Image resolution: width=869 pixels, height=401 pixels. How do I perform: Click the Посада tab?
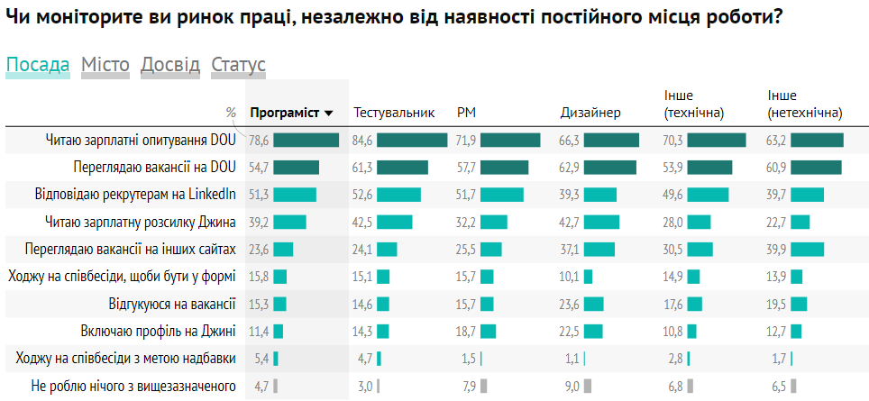[37, 65]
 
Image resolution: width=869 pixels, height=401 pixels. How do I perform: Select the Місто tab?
[105, 65]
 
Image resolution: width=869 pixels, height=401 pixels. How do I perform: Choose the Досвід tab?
[170, 65]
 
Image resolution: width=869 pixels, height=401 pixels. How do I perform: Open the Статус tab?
[238, 65]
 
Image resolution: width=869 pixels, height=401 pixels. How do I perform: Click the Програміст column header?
[285, 113]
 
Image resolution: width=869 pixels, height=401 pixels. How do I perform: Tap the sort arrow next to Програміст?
[329, 114]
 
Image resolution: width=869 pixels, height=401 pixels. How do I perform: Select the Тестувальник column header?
[394, 113]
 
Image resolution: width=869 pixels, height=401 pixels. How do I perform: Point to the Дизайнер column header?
[590, 113]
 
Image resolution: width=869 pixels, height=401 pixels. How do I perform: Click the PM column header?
[467, 113]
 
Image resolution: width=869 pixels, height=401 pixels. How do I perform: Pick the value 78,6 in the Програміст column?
[260, 140]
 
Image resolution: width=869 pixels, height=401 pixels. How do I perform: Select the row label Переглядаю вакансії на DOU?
[154, 167]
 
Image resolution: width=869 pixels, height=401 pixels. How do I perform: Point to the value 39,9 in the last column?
[776, 250]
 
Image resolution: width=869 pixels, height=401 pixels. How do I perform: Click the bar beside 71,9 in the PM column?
[510, 140]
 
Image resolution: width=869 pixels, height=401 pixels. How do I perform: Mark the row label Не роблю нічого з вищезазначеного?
[133, 386]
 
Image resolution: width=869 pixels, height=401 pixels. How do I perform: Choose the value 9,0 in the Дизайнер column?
[572, 386]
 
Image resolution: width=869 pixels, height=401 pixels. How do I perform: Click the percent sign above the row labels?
[231, 113]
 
